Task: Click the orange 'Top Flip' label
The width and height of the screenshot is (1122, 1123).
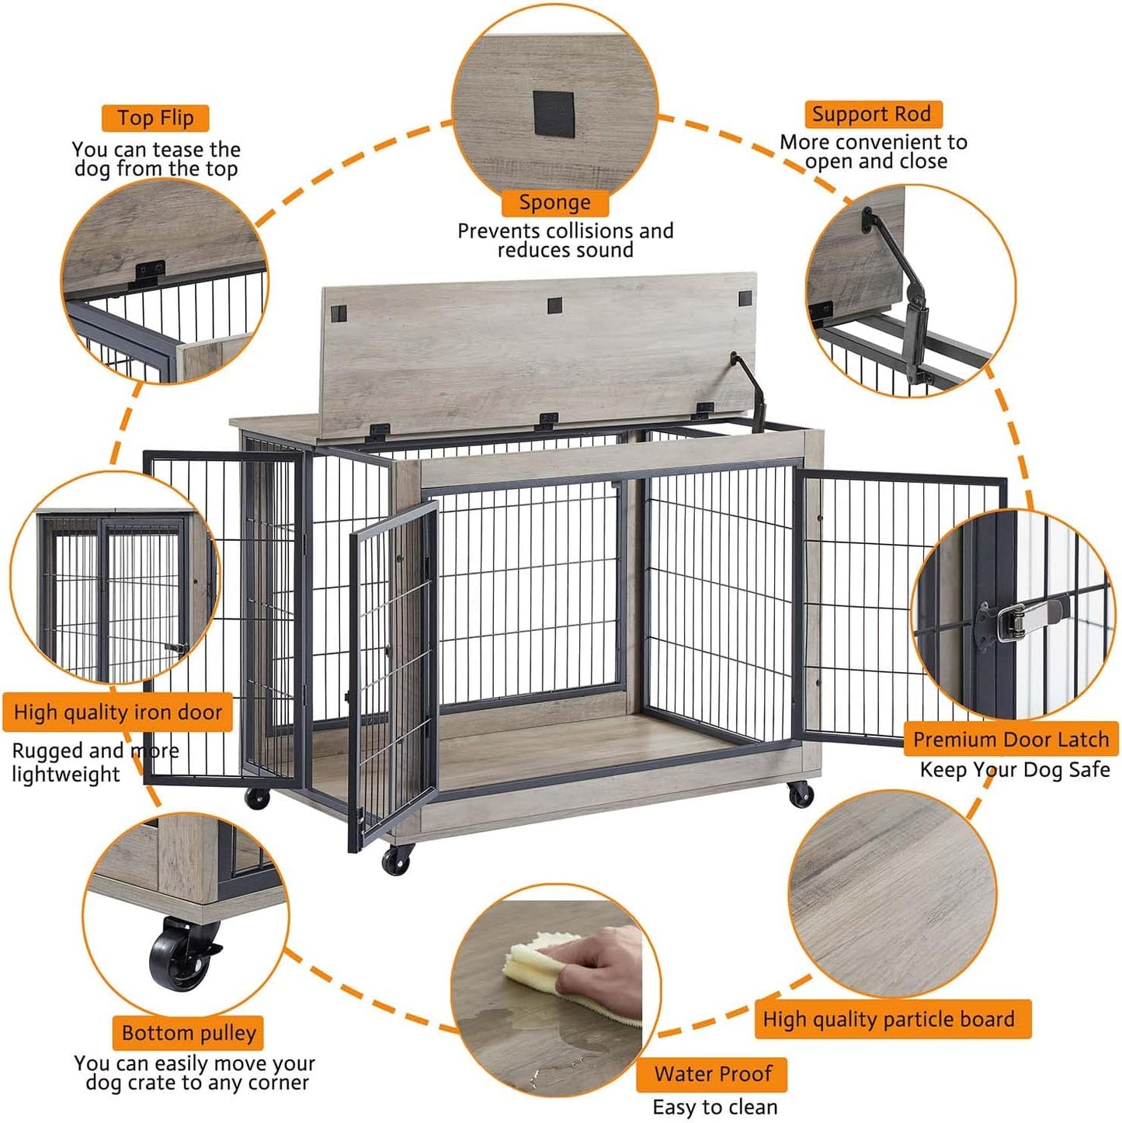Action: pyautogui.click(x=155, y=118)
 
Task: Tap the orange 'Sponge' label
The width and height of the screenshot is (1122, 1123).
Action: pyautogui.click(x=554, y=203)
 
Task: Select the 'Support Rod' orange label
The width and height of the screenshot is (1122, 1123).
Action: pyautogui.click(x=871, y=114)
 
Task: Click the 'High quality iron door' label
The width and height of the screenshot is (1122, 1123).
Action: pyautogui.click(x=118, y=712)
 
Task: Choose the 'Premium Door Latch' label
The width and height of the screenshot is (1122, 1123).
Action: pyautogui.click(x=1010, y=739)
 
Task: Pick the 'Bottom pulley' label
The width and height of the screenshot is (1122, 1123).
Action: pyautogui.click(x=189, y=1033)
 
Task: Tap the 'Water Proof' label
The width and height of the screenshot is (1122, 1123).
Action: pyautogui.click(x=712, y=1073)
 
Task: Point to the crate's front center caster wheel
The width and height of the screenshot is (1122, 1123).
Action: pyautogui.click(x=398, y=858)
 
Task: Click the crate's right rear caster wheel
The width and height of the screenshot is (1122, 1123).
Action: pyautogui.click(x=801, y=795)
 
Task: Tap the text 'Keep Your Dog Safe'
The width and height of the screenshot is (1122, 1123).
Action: pyautogui.click(x=1014, y=769)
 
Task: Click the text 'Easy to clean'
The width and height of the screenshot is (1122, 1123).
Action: pyautogui.click(x=714, y=1107)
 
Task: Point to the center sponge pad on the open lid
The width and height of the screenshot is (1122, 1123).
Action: pyautogui.click(x=554, y=304)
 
